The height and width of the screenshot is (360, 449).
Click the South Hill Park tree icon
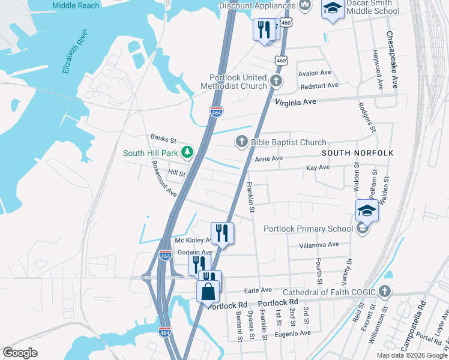point(187,153)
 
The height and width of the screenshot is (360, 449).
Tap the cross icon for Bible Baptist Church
point(241,142)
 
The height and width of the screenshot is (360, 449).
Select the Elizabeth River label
point(74,51)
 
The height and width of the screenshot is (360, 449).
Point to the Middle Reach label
point(76,5)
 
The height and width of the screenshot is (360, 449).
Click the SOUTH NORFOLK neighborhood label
point(357,153)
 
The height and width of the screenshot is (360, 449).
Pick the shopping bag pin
point(208,292)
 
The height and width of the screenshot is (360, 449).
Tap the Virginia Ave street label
point(295,103)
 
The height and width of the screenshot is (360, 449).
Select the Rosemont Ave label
point(163,178)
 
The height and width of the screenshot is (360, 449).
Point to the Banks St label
point(163,137)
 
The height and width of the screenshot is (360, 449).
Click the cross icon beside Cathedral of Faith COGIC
point(385,292)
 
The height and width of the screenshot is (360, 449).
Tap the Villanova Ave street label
point(319,245)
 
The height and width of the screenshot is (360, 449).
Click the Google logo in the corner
point(20,352)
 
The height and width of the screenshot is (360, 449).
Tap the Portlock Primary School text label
point(309,229)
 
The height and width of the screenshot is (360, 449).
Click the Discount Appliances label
point(257,5)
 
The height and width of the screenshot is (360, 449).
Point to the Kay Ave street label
point(318,168)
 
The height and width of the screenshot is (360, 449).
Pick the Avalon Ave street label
point(315,73)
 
